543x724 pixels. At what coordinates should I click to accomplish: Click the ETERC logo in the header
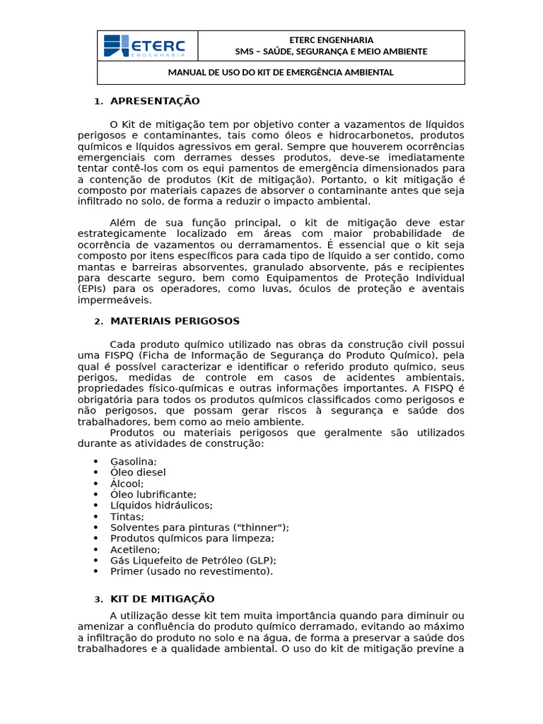(x=145, y=46)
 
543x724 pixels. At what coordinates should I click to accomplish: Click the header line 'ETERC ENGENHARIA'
(x=331, y=40)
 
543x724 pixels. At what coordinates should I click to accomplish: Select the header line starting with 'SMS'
(x=331, y=52)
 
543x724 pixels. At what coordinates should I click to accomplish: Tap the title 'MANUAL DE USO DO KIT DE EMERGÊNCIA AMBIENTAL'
(x=281, y=73)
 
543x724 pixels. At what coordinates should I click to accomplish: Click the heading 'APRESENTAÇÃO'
(x=155, y=101)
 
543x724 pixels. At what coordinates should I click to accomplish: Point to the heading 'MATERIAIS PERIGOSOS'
(x=175, y=321)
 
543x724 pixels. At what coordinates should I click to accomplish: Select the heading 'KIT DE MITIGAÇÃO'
(x=162, y=599)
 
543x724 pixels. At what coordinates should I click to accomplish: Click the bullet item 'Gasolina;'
(x=134, y=462)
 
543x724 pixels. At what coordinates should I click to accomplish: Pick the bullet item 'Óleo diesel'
(x=138, y=472)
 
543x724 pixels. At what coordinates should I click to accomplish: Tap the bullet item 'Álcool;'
(x=127, y=484)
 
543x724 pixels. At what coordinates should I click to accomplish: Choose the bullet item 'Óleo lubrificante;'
(x=153, y=494)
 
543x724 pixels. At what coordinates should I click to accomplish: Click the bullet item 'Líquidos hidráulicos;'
(x=161, y=506)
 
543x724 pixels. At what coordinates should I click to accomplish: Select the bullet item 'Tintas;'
(x=127, y=517)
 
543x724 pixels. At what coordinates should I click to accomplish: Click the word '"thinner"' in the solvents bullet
(x=261, y=527)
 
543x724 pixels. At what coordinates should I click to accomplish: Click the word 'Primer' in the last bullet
(x=127, y=571)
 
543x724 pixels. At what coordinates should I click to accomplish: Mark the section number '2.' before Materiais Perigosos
(x=99, y=322)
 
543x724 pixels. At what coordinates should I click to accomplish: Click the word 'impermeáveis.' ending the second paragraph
(x=115, y=300)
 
